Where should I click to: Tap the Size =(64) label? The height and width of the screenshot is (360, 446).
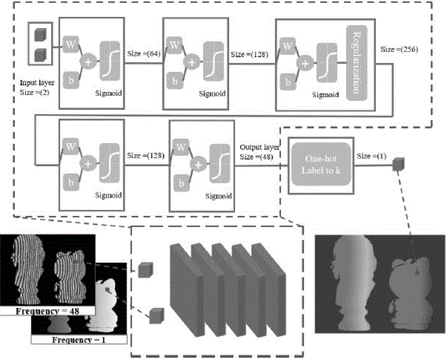142,53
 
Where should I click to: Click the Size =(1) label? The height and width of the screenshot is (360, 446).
371,155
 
